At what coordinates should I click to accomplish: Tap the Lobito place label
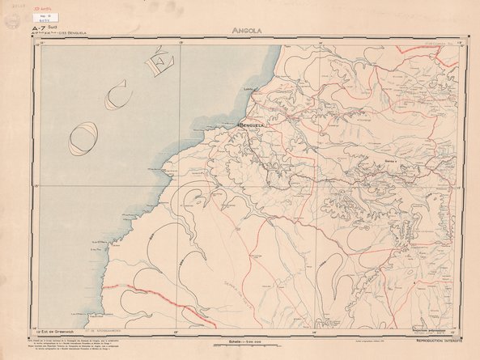click(x=249, y=90)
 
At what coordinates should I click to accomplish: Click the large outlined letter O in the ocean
click(x=83, y=140)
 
